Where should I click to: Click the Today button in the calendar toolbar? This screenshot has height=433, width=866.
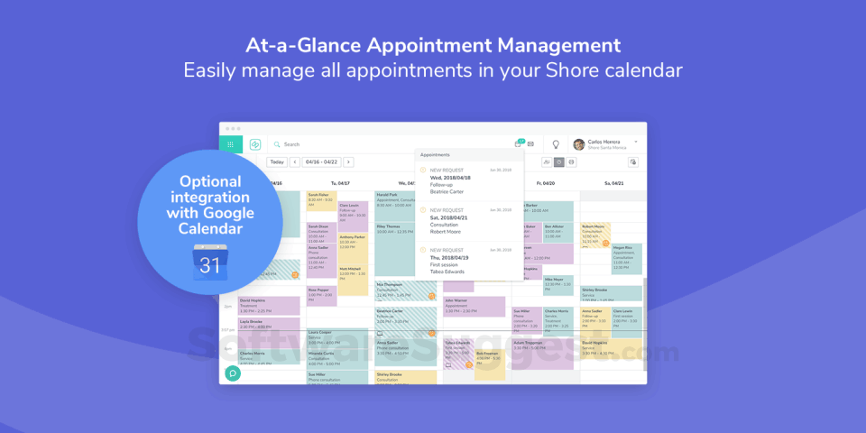277,162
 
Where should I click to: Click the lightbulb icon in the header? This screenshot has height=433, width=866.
556,144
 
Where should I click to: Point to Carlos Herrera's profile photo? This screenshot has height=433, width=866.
579,144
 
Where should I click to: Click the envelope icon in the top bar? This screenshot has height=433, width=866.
530,144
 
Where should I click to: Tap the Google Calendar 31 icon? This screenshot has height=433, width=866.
209,264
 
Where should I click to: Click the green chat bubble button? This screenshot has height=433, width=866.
233,373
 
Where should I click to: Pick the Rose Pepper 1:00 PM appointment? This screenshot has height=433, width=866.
320,295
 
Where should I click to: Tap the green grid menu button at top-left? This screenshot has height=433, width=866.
231,144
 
